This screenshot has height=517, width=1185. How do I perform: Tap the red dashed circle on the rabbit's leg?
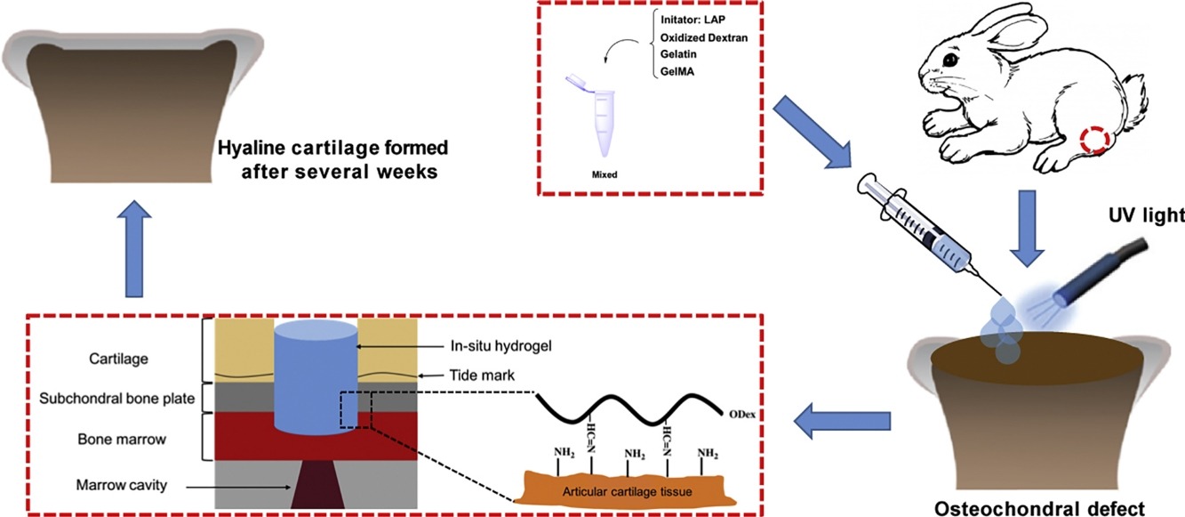pos(1094,140)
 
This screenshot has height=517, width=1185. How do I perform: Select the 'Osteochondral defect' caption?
pos(1059,508)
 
